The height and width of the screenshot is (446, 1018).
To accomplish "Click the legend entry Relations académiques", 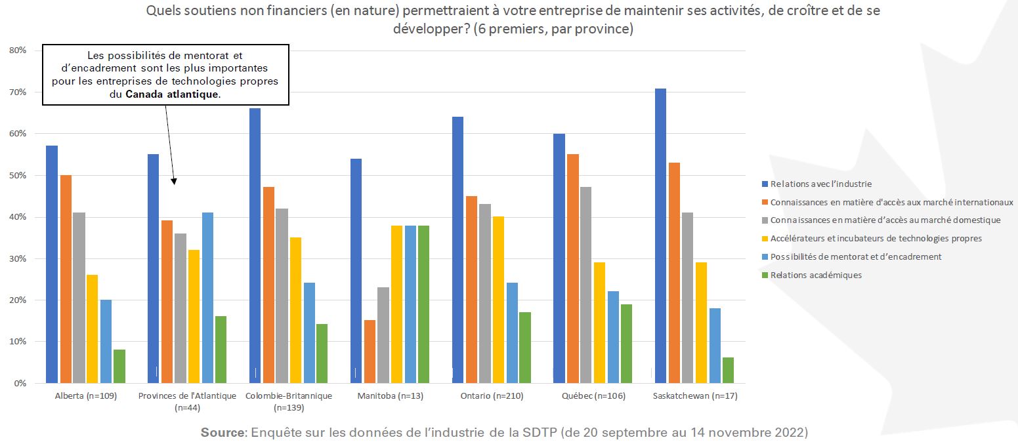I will [x=816, y=275].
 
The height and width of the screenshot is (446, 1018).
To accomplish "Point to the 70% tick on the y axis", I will [x=17, y=92].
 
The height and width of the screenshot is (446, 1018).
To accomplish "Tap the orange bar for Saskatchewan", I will [x=673, y=273].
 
